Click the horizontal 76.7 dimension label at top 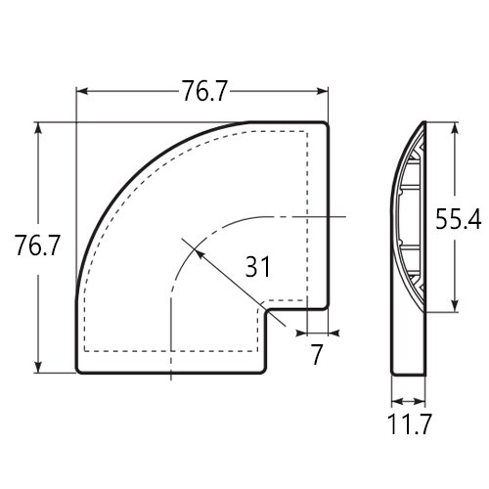(x=203, y=91)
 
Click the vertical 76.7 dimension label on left (x=37, y=245)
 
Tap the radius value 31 (x=257, y=266)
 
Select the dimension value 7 (x=317, y=354)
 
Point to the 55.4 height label (x=459, y=219)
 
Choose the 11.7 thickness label (x=410, y=423)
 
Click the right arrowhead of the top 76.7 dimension (x=322, y=91)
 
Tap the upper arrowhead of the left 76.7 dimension (x=38, y=129)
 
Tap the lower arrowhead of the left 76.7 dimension (x=38, y=366)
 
